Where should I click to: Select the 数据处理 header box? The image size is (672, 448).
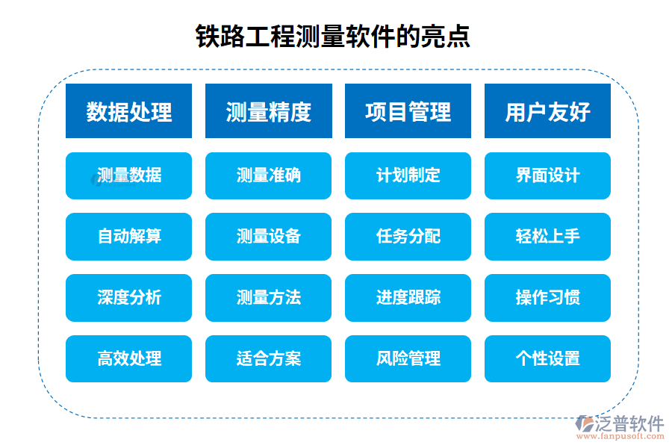point(128,111)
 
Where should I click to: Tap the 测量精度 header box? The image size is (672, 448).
point(268,111)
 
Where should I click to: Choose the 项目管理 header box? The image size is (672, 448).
point(408,111)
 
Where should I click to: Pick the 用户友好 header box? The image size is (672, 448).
point(547,111)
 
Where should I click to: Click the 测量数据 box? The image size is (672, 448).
point(128,176)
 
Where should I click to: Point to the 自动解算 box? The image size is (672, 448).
point(128,237)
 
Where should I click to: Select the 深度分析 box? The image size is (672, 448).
point(128,298)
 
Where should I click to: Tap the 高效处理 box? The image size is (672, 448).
point(128,359)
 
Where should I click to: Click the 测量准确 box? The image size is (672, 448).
point(268,176)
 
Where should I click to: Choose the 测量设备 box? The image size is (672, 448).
point(268,237)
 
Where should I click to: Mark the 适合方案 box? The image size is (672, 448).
point(268,359)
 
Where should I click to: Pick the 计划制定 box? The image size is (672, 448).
point(408,176)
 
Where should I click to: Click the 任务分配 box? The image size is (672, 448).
point(408,237)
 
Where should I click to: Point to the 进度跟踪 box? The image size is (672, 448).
point(408,298)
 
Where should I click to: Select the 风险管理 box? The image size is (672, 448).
point(408,359)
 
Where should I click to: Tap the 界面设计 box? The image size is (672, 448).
point(547,176)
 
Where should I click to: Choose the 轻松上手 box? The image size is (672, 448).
point(547,237)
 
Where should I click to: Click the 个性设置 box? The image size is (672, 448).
point(547,359)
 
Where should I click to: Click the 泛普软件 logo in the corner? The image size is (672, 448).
point(619,426)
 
